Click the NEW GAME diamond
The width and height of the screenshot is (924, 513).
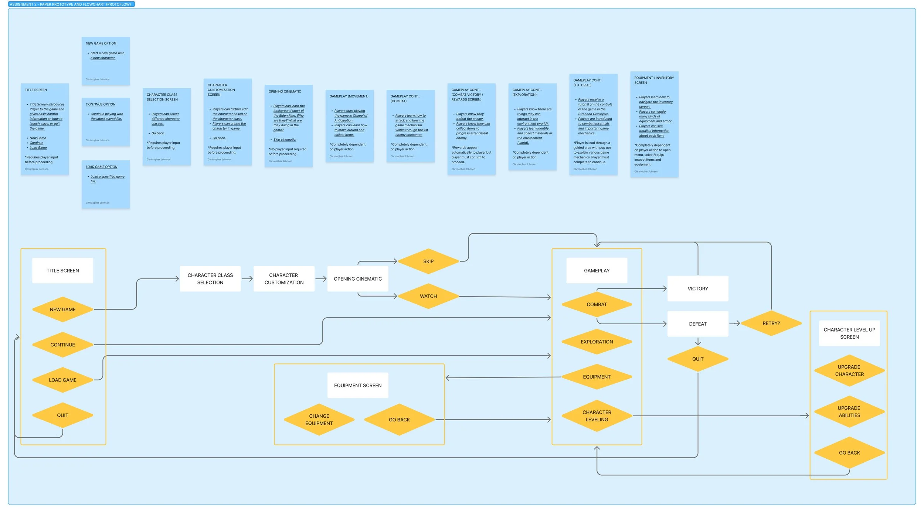point(62,309)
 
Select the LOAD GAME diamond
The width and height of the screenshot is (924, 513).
point(62,380)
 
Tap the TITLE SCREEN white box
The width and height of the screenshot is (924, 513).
point(62,270)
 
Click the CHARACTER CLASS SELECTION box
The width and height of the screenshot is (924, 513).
point(210,278)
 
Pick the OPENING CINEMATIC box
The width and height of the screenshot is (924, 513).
point(357,278)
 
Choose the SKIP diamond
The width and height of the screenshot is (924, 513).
point(428,261)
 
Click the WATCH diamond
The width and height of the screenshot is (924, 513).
point(428,296)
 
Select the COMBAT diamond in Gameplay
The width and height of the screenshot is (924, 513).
point(597,304)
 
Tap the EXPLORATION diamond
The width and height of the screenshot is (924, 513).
point(597,342)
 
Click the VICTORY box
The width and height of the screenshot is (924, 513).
point(697,288)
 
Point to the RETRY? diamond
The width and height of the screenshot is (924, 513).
point(771,323)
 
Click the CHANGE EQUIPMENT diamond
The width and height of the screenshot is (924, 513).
point(319,420)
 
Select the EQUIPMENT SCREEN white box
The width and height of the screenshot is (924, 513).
point(357,385)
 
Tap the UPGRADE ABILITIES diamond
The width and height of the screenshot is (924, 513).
point(849,411)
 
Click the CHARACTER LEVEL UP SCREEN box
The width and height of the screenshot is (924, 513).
point(849,333)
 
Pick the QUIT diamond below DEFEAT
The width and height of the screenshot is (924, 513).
point(697,359)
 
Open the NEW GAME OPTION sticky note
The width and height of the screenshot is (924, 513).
point(105,61)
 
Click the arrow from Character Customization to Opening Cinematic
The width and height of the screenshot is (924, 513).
point(320,279)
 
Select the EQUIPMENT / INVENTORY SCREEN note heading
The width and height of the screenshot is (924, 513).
point(654,80)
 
